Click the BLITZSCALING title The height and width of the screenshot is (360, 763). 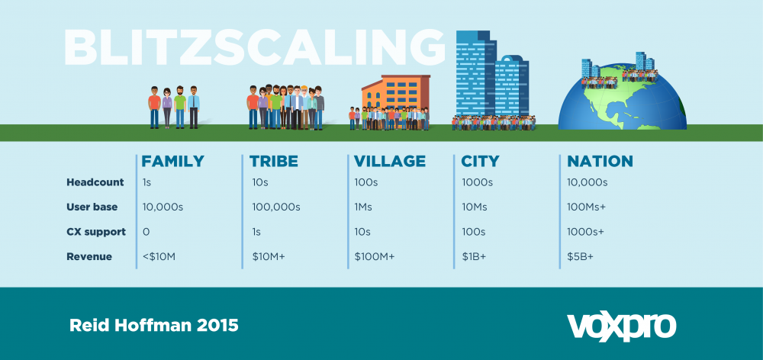[x=254, y=47]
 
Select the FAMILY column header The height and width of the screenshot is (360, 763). [x=172, y=161]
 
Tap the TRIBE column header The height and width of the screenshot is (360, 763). [x=273, y=161]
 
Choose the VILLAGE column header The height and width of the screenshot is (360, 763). [x=390, y=161]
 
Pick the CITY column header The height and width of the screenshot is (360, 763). [x=480, y=161]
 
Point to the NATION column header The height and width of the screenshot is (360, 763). [x=600, y=161]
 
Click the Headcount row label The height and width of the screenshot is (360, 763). [x=95, y=182]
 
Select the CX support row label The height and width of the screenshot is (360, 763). [x=96, y=232]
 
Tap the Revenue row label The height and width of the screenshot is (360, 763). [x=89, y=256]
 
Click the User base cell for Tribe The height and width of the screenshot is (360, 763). [x=276, y=207]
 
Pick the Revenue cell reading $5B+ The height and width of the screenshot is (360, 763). [x=580, y=257]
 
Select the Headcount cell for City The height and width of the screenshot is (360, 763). [x=478, y=182]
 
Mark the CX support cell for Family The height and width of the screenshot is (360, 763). [x=146, y=232]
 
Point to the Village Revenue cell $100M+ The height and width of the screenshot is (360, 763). [x=374, y=257]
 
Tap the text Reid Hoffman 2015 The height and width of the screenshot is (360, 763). [x=154, y=326]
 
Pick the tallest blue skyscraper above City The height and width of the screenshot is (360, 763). [x=475, y=75]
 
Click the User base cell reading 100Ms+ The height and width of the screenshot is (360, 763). [x=586, y=207]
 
